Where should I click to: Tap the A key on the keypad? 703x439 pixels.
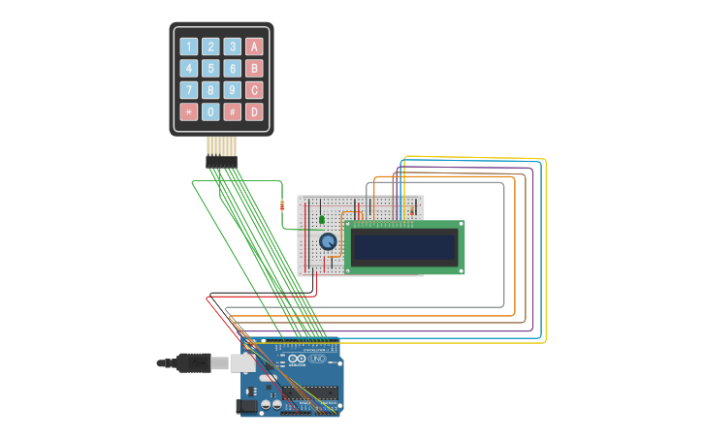click(254, 47)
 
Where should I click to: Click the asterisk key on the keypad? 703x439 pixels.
click(188, 112)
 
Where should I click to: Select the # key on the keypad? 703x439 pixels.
click(233, 112)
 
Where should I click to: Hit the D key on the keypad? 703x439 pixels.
click(254, 112)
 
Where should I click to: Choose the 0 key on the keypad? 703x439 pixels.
click(210, 112)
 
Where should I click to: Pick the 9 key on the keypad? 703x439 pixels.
click(233, 90)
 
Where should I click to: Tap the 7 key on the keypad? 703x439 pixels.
click(188, 90)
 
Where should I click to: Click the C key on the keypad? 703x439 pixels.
click(254, 90)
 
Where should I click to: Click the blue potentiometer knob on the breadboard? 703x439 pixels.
click(329, 241)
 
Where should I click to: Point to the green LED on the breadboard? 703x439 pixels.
click(322, 219)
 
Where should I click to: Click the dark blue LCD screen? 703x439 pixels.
click(403, 247)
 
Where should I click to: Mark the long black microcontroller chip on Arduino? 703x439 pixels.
click(310, 393)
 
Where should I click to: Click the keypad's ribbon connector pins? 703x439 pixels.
click(221, 149)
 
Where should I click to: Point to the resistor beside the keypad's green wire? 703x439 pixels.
click(281, 204)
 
